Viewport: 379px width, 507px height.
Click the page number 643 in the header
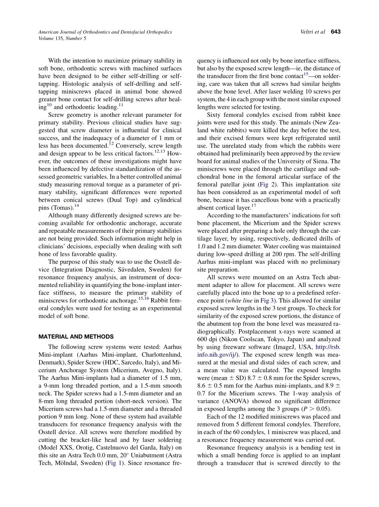336,32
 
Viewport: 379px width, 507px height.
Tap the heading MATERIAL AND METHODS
76,336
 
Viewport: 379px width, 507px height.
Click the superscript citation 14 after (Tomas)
77,206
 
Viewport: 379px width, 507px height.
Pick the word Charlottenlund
159,354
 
